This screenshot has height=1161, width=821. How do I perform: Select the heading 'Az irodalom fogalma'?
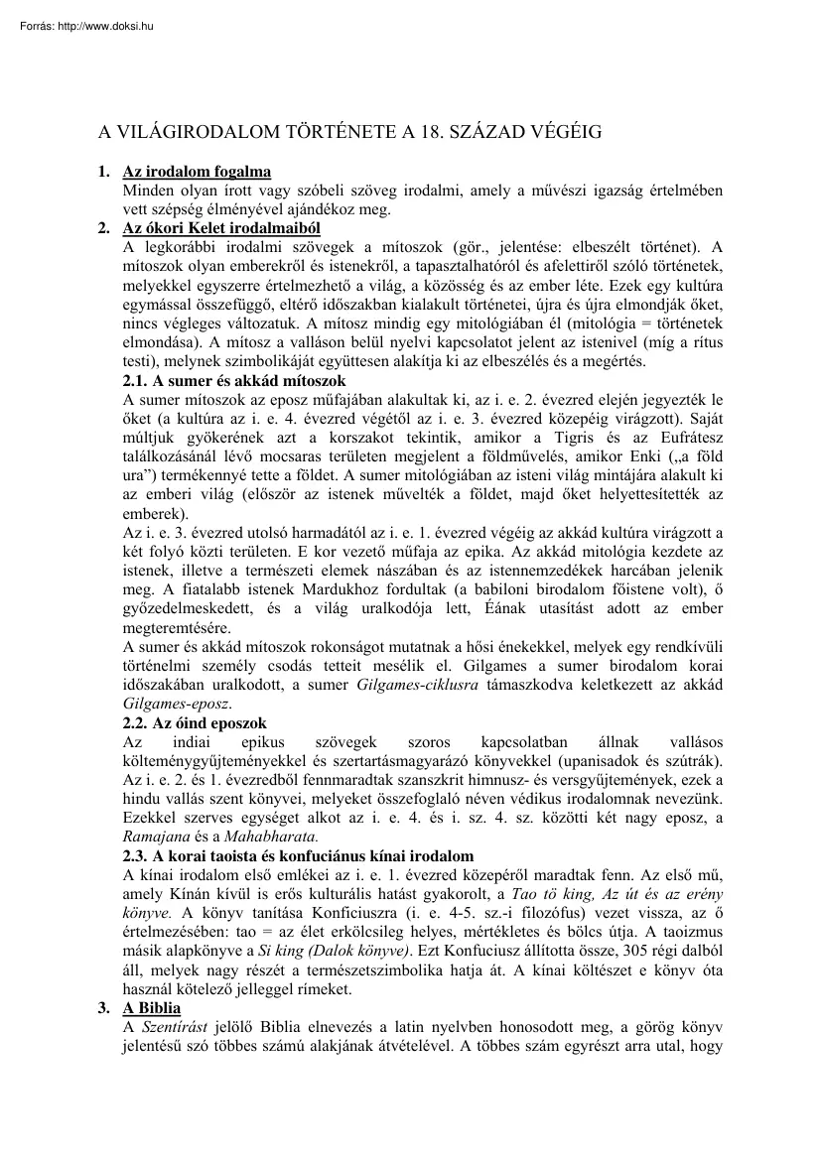pos(196,173)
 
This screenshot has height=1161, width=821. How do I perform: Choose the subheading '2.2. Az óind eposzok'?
pos(195,722)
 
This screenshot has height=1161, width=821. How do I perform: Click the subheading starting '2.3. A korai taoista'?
pos(298,855)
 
